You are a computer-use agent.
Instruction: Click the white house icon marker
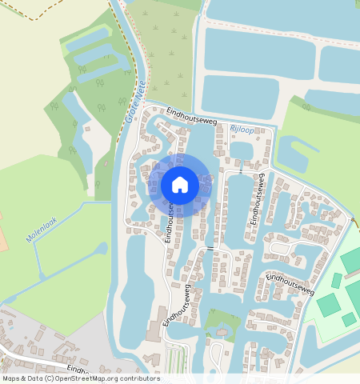(x=180, y=185)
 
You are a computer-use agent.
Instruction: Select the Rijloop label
(x=242, y=128)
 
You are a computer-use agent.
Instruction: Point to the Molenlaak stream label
(x=39, y=228)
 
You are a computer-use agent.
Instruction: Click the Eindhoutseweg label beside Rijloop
(x=191, y=117)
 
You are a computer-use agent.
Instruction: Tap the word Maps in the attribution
(x=12, y=378)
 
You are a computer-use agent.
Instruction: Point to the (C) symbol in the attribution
(x=48, y=378)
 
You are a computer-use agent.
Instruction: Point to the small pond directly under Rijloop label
(x=241, y=150)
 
